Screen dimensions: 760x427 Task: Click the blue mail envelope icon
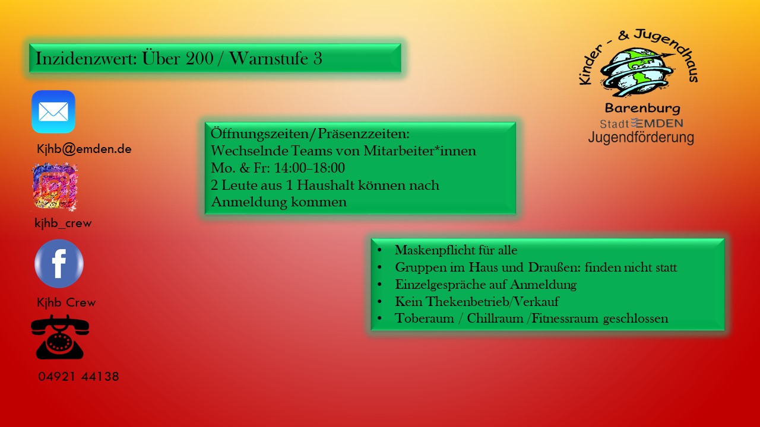point(53,112)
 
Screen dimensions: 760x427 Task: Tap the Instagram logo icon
point(55,186)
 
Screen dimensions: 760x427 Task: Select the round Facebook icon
point(59,264)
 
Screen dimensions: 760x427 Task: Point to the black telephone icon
point(60,337)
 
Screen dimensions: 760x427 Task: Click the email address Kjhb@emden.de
point(84,149)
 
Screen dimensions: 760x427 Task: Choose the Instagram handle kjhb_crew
point(63,224)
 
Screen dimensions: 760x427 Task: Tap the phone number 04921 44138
point(79,377)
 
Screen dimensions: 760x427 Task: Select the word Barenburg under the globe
point(642,109)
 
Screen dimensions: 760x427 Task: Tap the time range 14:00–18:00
point(309,168)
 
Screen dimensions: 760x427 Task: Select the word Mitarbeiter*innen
point(420,151)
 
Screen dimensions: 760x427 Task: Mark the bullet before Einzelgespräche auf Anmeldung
point(379,284)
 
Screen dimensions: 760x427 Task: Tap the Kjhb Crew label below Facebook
point(66,302)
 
